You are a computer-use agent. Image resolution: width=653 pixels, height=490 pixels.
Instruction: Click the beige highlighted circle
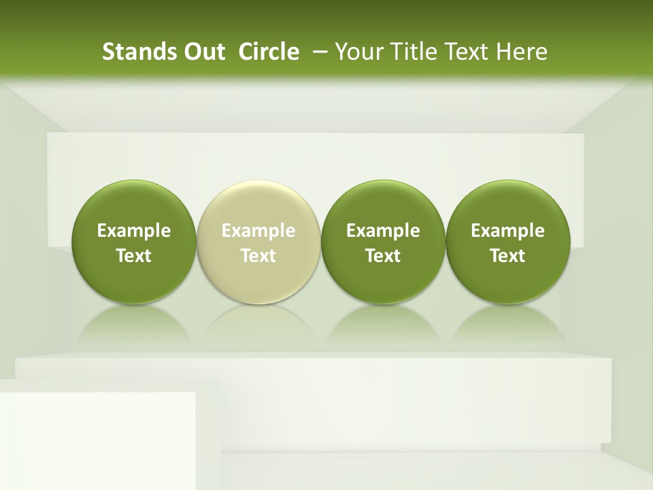258,204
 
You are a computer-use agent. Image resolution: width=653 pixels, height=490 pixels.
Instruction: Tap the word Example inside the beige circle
258,231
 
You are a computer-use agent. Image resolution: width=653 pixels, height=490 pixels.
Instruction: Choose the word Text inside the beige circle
258,256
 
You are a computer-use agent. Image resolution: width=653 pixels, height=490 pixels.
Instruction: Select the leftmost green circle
134,204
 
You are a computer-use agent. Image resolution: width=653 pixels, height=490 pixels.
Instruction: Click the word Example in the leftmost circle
134,231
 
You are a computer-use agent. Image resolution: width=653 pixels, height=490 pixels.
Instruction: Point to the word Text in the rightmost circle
507,256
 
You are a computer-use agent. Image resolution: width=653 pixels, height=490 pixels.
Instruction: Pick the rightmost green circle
507,204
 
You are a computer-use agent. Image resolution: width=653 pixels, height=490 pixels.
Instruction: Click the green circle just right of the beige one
383,204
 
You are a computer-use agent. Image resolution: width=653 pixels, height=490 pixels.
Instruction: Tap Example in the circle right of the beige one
383,231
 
